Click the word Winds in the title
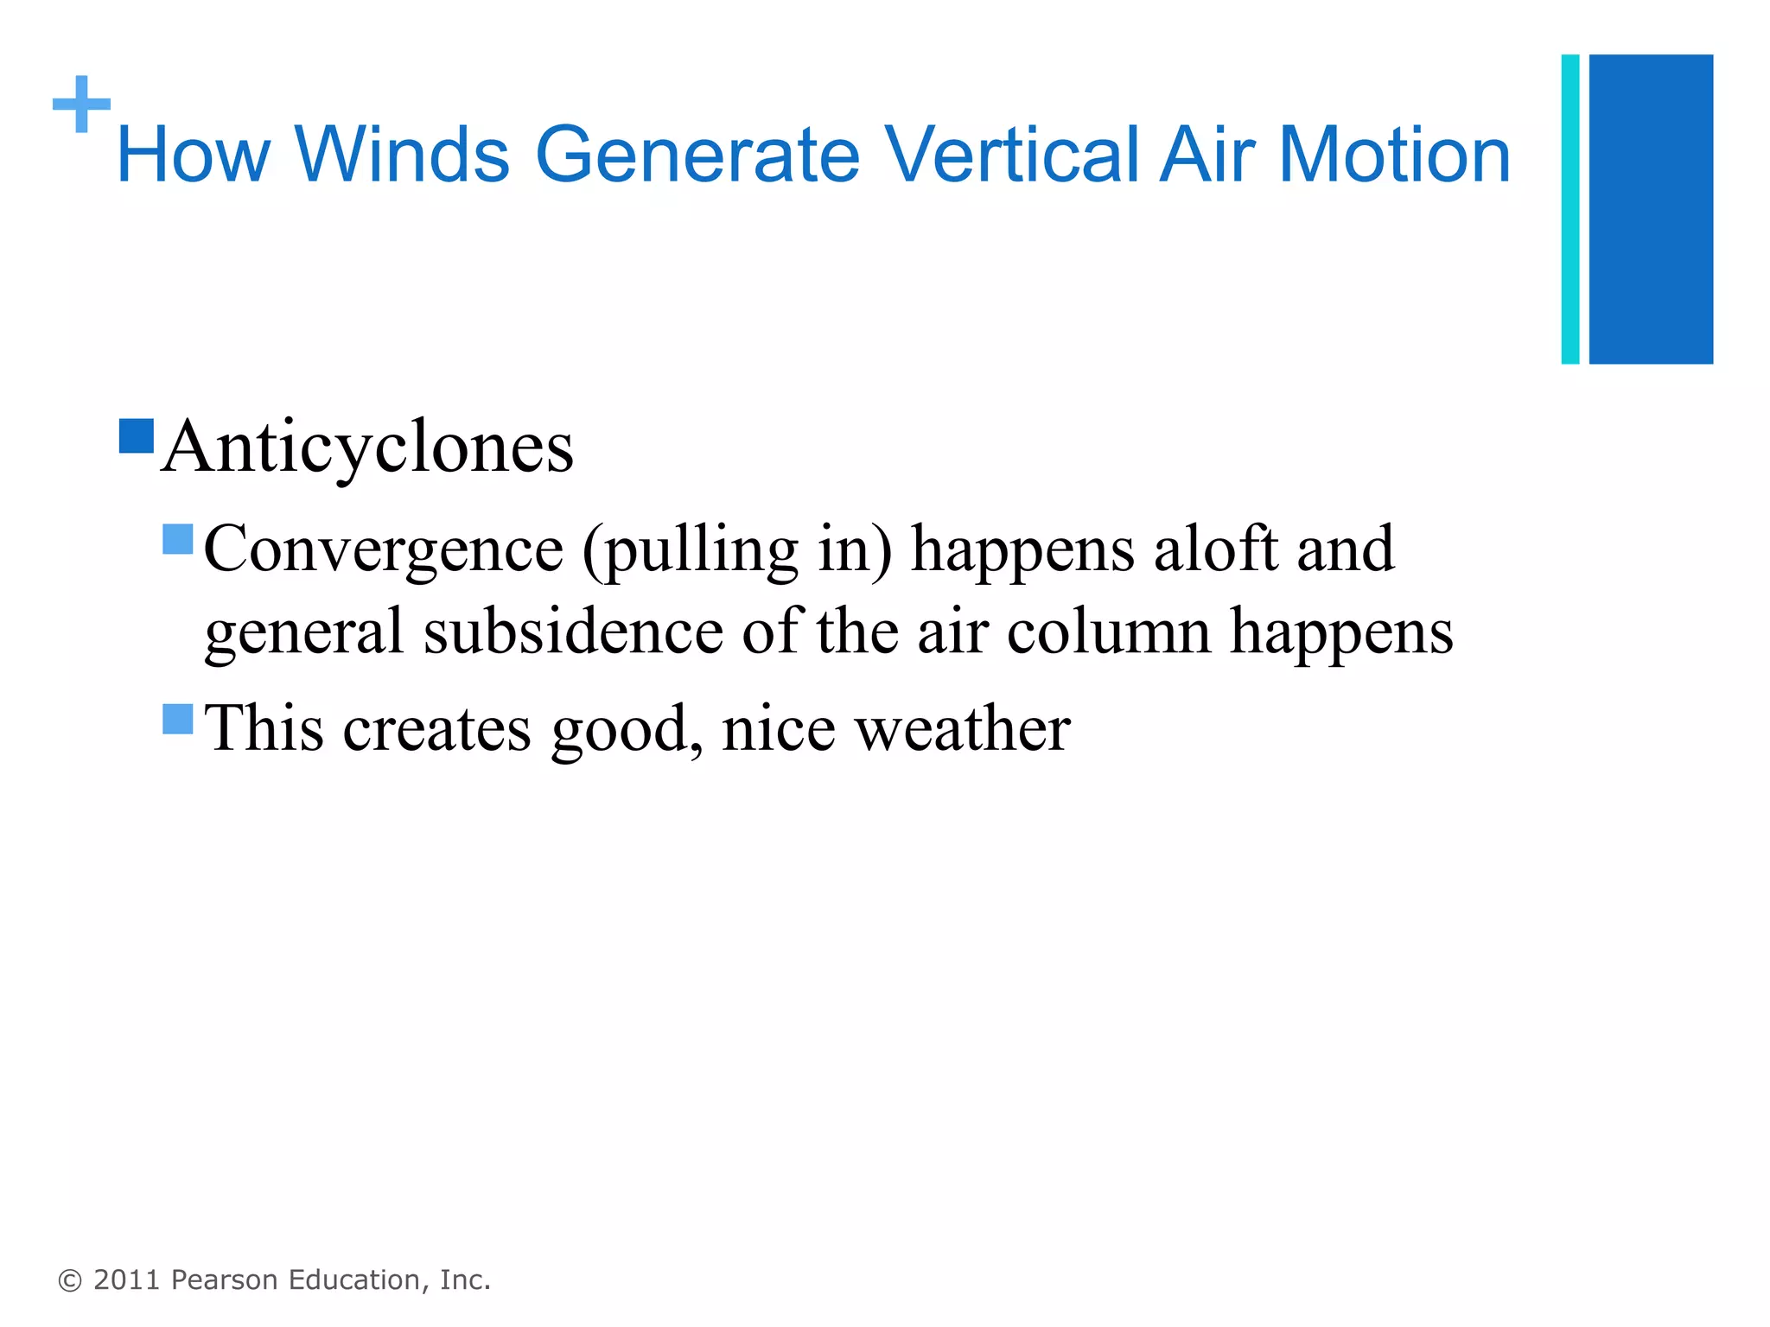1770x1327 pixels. [x=402, y=155]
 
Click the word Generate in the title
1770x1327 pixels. [x=697, y=155]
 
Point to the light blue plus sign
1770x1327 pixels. [x=81, y=105]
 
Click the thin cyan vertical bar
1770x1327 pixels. [x=1570, y=209]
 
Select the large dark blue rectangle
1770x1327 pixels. [x=1651, y=209]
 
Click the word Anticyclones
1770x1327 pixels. [x=367, y=447]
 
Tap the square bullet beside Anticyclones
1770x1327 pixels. [x=137, y=436]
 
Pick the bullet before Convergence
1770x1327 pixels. [x=178, y=539]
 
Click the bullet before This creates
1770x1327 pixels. [x=178, y=719]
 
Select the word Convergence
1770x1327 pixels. [x=384, y=549]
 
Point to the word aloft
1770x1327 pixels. [x=1215, y=549]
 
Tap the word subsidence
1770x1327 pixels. [x=573, y=632]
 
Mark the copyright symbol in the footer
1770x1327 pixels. [x=69, y=1280]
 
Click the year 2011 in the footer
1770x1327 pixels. [x=127, y=1280]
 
